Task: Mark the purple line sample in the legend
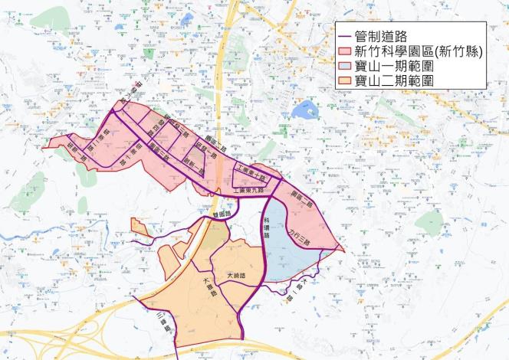pyautogui.click(x=346, y=35)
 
